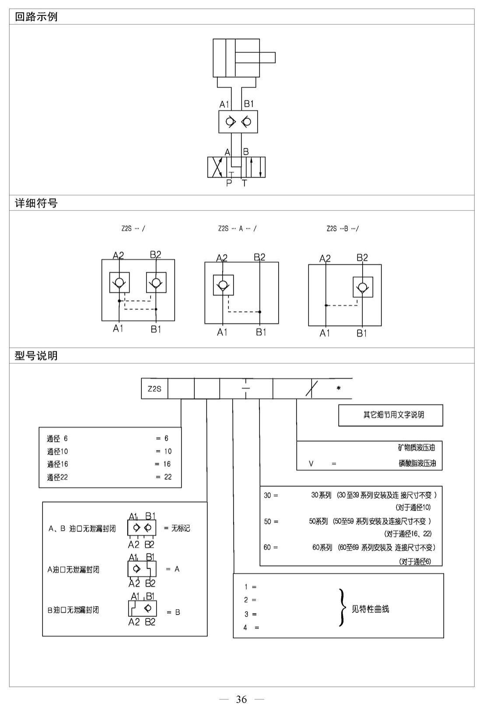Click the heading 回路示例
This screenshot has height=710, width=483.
pyautogui.click(x=36, y=17)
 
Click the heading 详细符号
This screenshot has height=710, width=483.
pyautogui.click(x=36, y=203)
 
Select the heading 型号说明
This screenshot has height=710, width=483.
pyautogui.click(x=36, y=355)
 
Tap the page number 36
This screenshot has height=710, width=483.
pyautogui.click(x=241, y=699)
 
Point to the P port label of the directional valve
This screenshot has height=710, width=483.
pyautogui.click(x=229, y=183)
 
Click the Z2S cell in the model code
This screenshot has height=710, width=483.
pyautogui.click(x=154, y=389)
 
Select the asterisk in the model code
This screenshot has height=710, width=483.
pyautogui.click(x=339, y=388)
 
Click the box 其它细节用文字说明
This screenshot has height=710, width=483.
pyautogui.click(x=391, y=415)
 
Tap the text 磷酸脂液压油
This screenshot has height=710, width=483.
pyautogui.click(x=417, y=464)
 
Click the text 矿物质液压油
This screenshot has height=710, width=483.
pyautogui.click(x=416, y=447)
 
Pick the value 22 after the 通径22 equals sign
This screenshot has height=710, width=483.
pyautogui.click(x=168, y=477)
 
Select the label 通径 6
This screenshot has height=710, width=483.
pyautogui.click(x=57, y=439)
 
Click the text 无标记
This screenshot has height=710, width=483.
pyautogui.click(x=181, y=528)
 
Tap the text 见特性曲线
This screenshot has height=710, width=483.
pyautogui.click(x=370, y=609)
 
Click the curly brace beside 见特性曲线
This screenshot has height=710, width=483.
pyautogui.click(x=341, y=608)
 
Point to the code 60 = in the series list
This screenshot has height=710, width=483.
pyautogui.click(x=271, y=547)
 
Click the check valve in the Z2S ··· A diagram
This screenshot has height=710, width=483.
pyautogui.click(x=223, y=285)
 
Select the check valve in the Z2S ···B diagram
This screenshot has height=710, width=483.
pyautogui.click(x=363, y=287)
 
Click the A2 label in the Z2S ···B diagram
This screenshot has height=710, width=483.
pyautogui.click(x=325, y=259)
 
